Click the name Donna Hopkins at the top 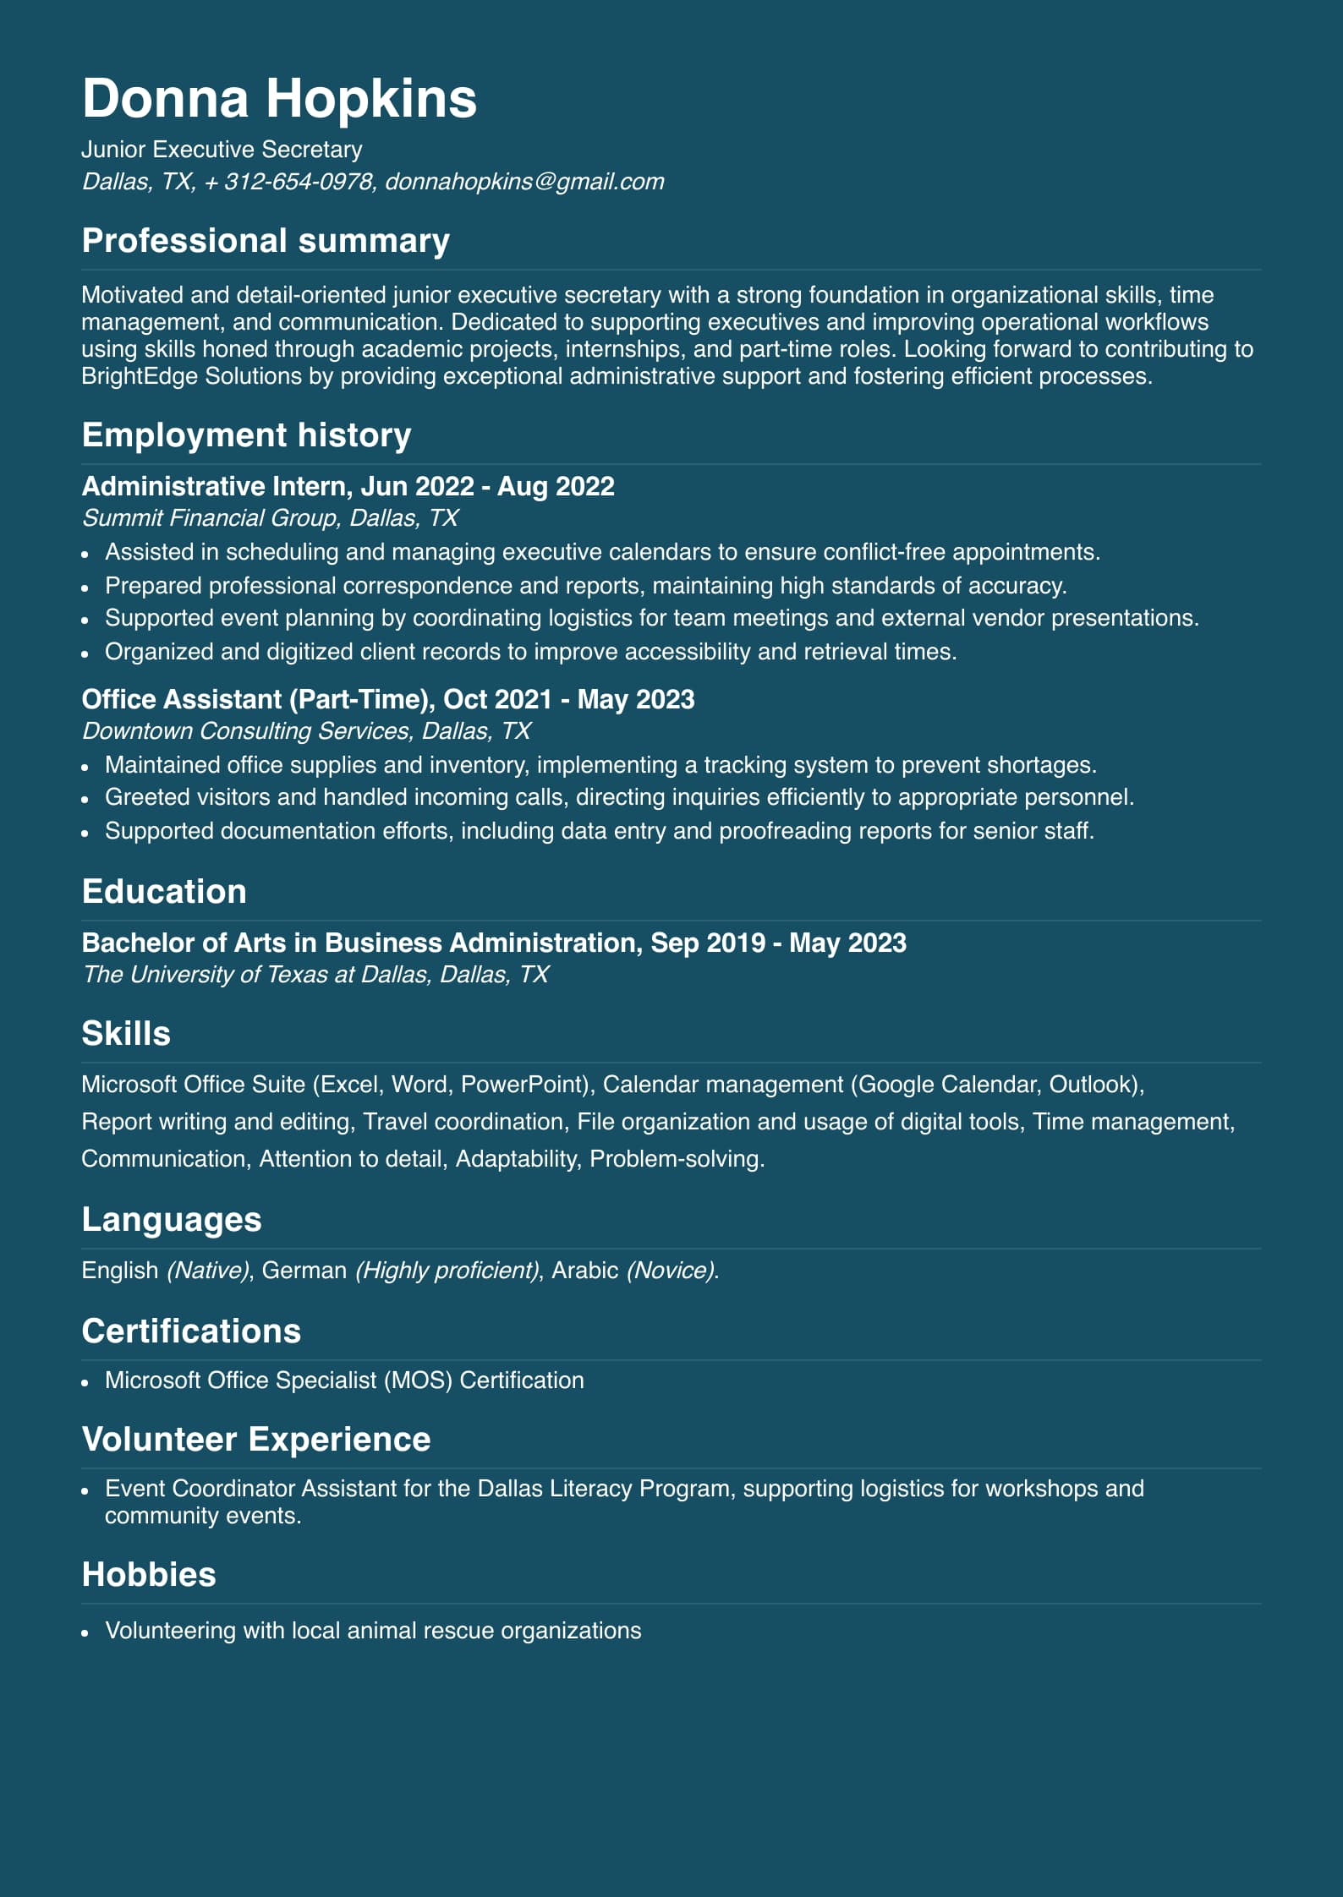(x=279, y=99)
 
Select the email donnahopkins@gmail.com (x=524, y=182)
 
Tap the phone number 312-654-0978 (x=299, y=182)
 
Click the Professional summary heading (x=266, y=241)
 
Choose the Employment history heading (x=246, y=435)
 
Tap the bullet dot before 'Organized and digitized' (x=85, y=653)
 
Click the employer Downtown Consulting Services (x=246, y=731)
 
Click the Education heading (x=164, y=892)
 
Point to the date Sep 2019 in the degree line (x=708, y=943)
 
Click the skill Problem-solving (x=677, y=1159)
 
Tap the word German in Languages (x=304, y=1271)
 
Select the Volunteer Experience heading (x=256, y=1440)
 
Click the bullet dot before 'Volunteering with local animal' (x=85, y=1632)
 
